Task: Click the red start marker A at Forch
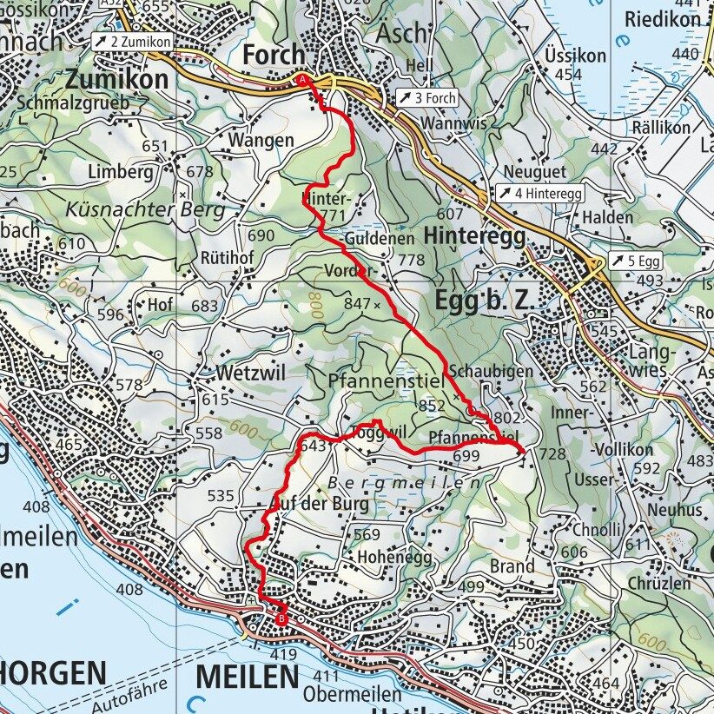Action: click(303, 80)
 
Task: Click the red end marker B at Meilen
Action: click(281, 618)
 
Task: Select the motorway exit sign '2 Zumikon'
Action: click(131, 41)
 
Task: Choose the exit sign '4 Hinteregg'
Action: click(539, 193)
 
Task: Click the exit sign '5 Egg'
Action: click(634, 260)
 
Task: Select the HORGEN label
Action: click(53, 673)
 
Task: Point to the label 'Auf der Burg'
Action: click(320, 504)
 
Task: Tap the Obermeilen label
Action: click(352, 695)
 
